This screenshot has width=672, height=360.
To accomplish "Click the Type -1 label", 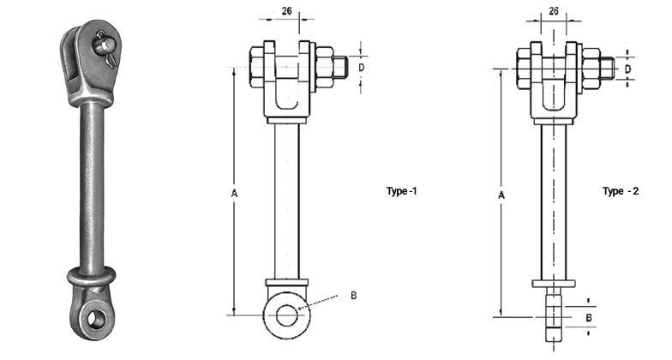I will (401, 191).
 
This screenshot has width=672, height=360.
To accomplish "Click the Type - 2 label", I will (620, 191).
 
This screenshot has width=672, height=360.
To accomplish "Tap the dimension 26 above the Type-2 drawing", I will (554, 11).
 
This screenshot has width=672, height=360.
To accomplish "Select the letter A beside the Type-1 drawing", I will (234, 195).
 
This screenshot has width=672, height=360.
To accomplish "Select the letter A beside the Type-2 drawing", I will (501, 196).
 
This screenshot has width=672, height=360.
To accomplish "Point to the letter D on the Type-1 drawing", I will (361, 66).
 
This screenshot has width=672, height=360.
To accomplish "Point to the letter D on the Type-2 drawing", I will (627, 68).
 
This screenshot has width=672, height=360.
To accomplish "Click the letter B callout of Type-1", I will (353, 296).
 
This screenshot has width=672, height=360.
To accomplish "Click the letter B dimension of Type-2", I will (588, 317).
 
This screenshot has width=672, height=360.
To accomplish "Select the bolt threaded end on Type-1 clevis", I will (340, 66).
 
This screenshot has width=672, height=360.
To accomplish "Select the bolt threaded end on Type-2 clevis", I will (607, 68).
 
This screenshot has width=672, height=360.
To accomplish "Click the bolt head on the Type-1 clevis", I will (259, 67).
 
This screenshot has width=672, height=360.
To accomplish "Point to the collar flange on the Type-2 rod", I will (554, 284).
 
